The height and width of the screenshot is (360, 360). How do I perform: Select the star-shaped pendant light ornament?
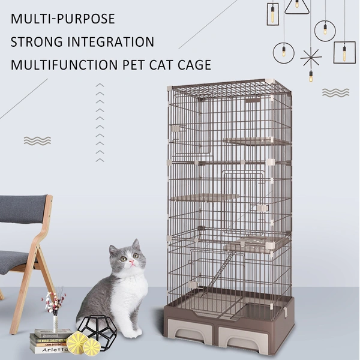(x=311, y=59)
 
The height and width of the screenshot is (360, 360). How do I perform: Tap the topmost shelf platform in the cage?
(x=255, y=142)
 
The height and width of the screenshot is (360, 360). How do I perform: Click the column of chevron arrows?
(x=100, y=123)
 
